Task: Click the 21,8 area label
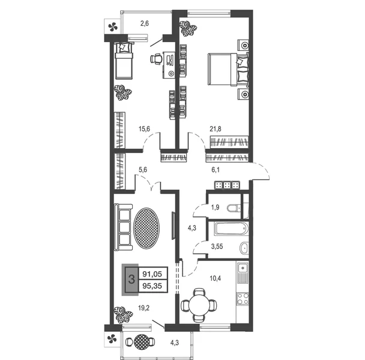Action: [x=216, y=129]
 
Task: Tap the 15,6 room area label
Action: [x=144, y=129]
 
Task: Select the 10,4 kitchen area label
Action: [x=216, y=278]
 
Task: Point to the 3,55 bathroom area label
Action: [x=217, y=247]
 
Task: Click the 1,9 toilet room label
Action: [x=215, y=208]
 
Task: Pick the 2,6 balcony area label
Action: [x=144, y=23]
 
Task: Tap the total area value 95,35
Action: [x=152, y=286]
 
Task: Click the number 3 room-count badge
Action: [x=131, y=279]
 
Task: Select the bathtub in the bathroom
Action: [x=231, y=229]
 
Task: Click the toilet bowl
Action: [x=235, y=208]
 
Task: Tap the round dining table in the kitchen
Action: [x=199, y=305]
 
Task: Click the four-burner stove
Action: [x=243, y=299]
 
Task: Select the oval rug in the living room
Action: [x=146, y=228]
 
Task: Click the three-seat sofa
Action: [x=124, y=227]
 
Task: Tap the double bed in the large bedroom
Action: [x=228, y=70]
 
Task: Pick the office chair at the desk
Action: [x=156, y=59]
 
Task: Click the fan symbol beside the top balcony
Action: [x=113, y=27]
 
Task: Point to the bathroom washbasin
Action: [x=244, y=248]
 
